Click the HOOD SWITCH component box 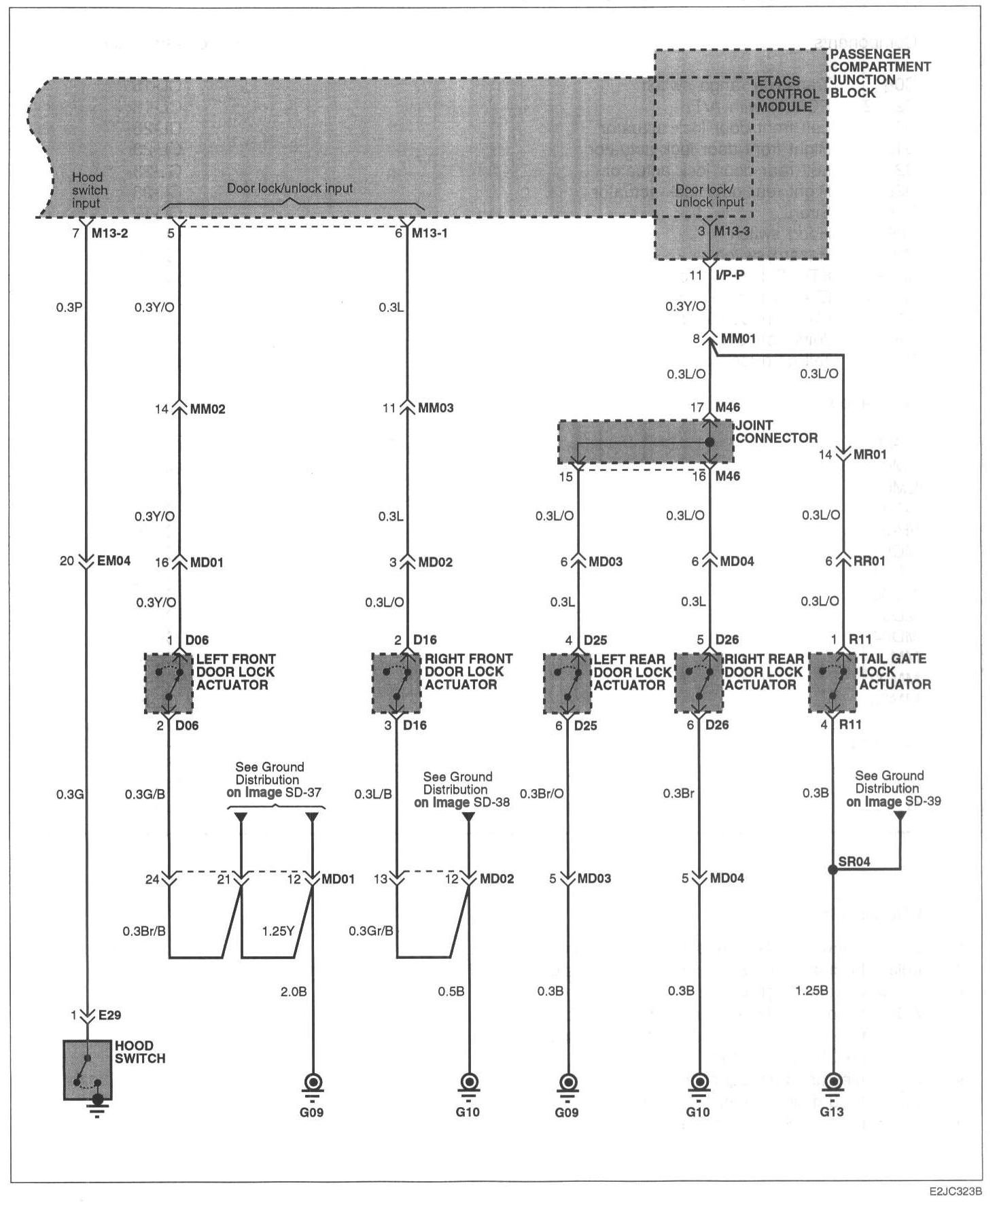[x=88, y=1069]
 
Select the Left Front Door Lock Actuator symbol [x=169, y=683]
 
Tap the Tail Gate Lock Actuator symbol [x=833, y=683]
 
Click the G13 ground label [x=832, y=1112]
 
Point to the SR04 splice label [x=854, y=862]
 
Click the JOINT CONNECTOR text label [x=776, y=432]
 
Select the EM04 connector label [x=113, y=561]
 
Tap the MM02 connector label [x=207, y=409]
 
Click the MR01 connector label [x=870, y=455]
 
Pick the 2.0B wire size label [x=294, y=992]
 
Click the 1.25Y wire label [x=278, y=930]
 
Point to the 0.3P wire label [x=69, y=307]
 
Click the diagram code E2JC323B [x=957, y=1192]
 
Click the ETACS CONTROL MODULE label [x=788, y=94]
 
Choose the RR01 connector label [x=869, y=561]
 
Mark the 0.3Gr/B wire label [x=371, y=930]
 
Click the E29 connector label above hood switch [x=109, y=1015]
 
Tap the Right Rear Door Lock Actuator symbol [x=699, y=683]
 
